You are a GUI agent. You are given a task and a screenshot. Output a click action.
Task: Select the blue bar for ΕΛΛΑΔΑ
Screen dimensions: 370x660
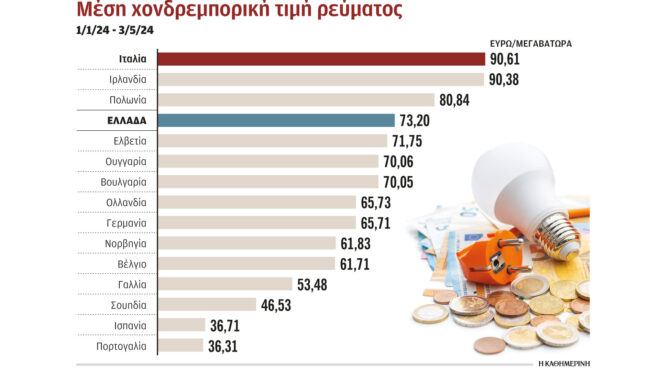click(x=276, y=120)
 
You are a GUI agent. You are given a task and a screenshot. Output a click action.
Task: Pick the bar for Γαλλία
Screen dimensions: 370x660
click(x=225, y=283)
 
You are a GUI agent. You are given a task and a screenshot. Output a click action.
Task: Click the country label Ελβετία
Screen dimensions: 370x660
click(x=126, y=141)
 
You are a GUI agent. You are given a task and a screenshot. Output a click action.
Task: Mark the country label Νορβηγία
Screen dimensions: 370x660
click(x=126, y=243)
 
